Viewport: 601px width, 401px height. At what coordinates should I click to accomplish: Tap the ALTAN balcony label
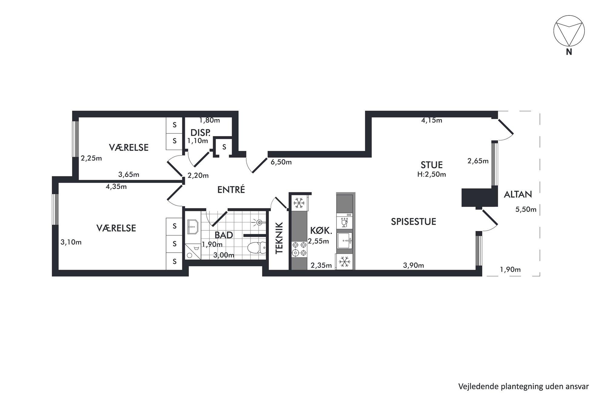tap(518, 194)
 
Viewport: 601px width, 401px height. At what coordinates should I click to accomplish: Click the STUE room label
tap(432, 165)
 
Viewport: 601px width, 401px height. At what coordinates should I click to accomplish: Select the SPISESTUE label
tap(413, 222)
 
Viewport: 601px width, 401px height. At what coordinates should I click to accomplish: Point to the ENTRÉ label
tap(231, 189)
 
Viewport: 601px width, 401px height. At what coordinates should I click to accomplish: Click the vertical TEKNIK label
tap(279, 238)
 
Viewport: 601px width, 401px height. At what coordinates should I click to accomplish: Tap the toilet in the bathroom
tap(256, 248)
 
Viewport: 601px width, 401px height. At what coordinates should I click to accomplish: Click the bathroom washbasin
tap(193, 227)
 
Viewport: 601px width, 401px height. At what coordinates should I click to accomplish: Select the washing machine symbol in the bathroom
tap(193, 251)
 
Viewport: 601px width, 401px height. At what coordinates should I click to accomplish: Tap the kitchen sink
tap(345, 241)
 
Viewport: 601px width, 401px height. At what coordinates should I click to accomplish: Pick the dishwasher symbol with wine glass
tap(345, 221)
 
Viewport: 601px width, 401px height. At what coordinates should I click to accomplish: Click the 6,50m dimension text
tap(281, 162)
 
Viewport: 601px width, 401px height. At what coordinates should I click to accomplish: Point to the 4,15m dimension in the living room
tap(432, 120)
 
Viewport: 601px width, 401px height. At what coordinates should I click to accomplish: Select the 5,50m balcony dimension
tap(526, 209)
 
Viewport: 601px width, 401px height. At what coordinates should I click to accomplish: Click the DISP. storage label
tap(200, 133)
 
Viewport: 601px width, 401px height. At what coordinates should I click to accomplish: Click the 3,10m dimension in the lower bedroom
tap(71, 242)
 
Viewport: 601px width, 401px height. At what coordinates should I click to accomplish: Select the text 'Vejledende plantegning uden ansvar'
tap(523, 386)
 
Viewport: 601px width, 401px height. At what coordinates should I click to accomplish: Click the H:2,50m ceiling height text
tap(432, 174)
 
